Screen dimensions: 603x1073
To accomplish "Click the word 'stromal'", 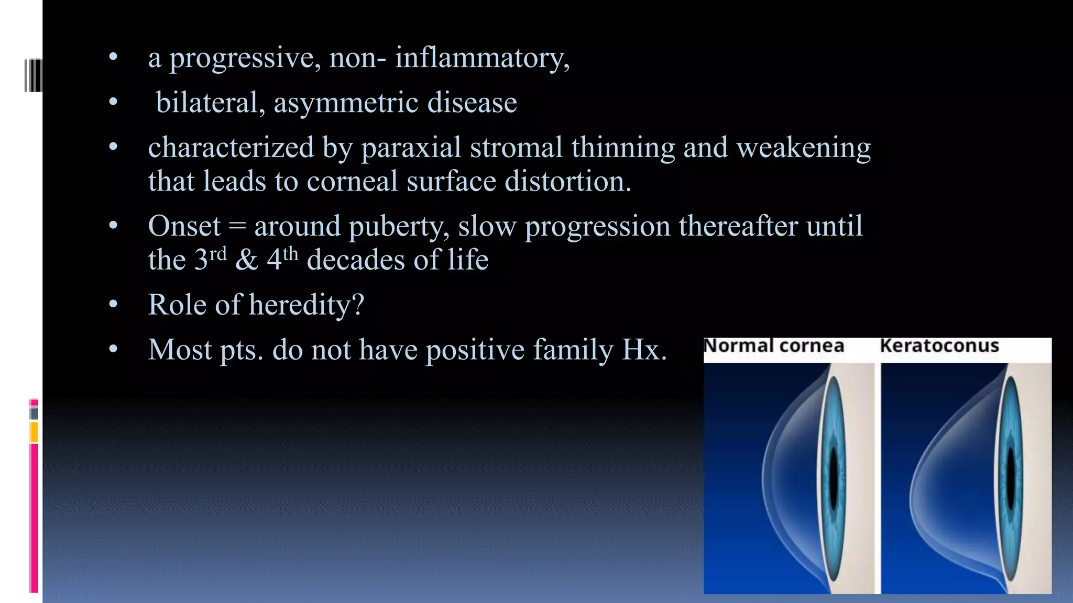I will tap(516, 147).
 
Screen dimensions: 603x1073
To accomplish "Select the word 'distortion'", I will tap(568, 181).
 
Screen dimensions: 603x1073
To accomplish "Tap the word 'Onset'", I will tap(184, 226).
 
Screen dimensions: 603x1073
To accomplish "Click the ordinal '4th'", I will tap(282, 259).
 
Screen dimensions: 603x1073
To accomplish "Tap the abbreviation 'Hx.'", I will tap(644, 349).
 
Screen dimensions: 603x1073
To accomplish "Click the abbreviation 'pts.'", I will tap(242, 350).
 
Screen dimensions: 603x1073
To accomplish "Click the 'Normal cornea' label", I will tap(774, 346).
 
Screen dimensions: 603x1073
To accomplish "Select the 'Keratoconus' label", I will tap(939, 346).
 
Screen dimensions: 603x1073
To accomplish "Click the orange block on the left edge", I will tap(34, 432).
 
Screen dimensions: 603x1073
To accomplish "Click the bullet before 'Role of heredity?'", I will tap(113, 305).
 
